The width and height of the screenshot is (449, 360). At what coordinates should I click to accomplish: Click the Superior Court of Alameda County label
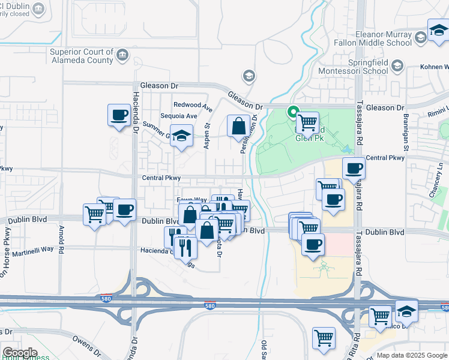[82, 56]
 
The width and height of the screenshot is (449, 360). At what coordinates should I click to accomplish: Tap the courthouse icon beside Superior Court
[122, 56]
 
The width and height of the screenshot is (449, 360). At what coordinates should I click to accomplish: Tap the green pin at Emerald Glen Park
[294, 112]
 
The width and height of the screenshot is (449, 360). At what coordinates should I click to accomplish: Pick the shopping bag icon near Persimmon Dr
[238, 126]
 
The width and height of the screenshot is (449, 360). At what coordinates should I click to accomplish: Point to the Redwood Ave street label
[193, 106]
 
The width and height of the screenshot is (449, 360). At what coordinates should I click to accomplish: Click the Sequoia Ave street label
[179, 116]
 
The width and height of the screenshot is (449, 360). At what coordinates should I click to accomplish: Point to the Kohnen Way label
[434, 67]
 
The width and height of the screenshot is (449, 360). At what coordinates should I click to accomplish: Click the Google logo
[19, 352]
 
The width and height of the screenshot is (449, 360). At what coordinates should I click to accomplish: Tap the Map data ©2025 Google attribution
[411, 355]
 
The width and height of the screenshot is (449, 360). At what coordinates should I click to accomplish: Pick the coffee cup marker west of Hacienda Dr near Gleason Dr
[119, 115]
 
